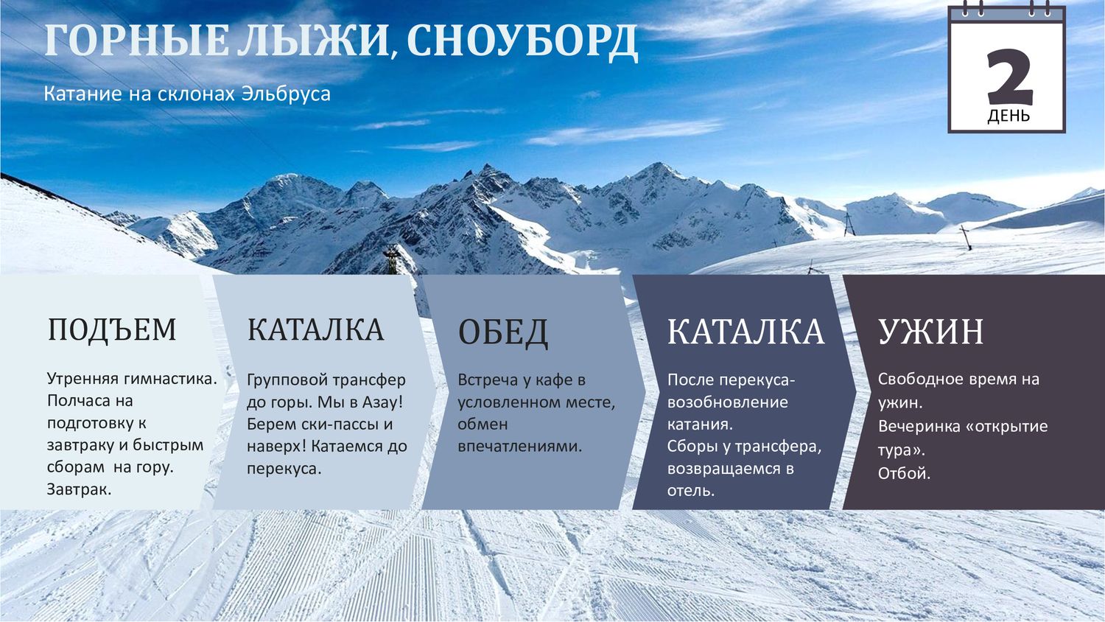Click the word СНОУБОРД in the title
point(522,42)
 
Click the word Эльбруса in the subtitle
point(286,94)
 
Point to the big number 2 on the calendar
point(1010,77)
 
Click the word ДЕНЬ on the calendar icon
point(1008,116)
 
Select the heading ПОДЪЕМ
point(112,329)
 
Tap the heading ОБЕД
point(502,332)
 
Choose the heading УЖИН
point(930,331)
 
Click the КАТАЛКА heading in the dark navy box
point(746,331)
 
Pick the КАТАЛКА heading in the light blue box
point(315,329)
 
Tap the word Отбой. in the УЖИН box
point(904,473)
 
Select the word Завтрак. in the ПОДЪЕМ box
point(79,489)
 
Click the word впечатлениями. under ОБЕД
point(520,447)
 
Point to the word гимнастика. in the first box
point(170,379)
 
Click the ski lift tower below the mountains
point(392,259)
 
